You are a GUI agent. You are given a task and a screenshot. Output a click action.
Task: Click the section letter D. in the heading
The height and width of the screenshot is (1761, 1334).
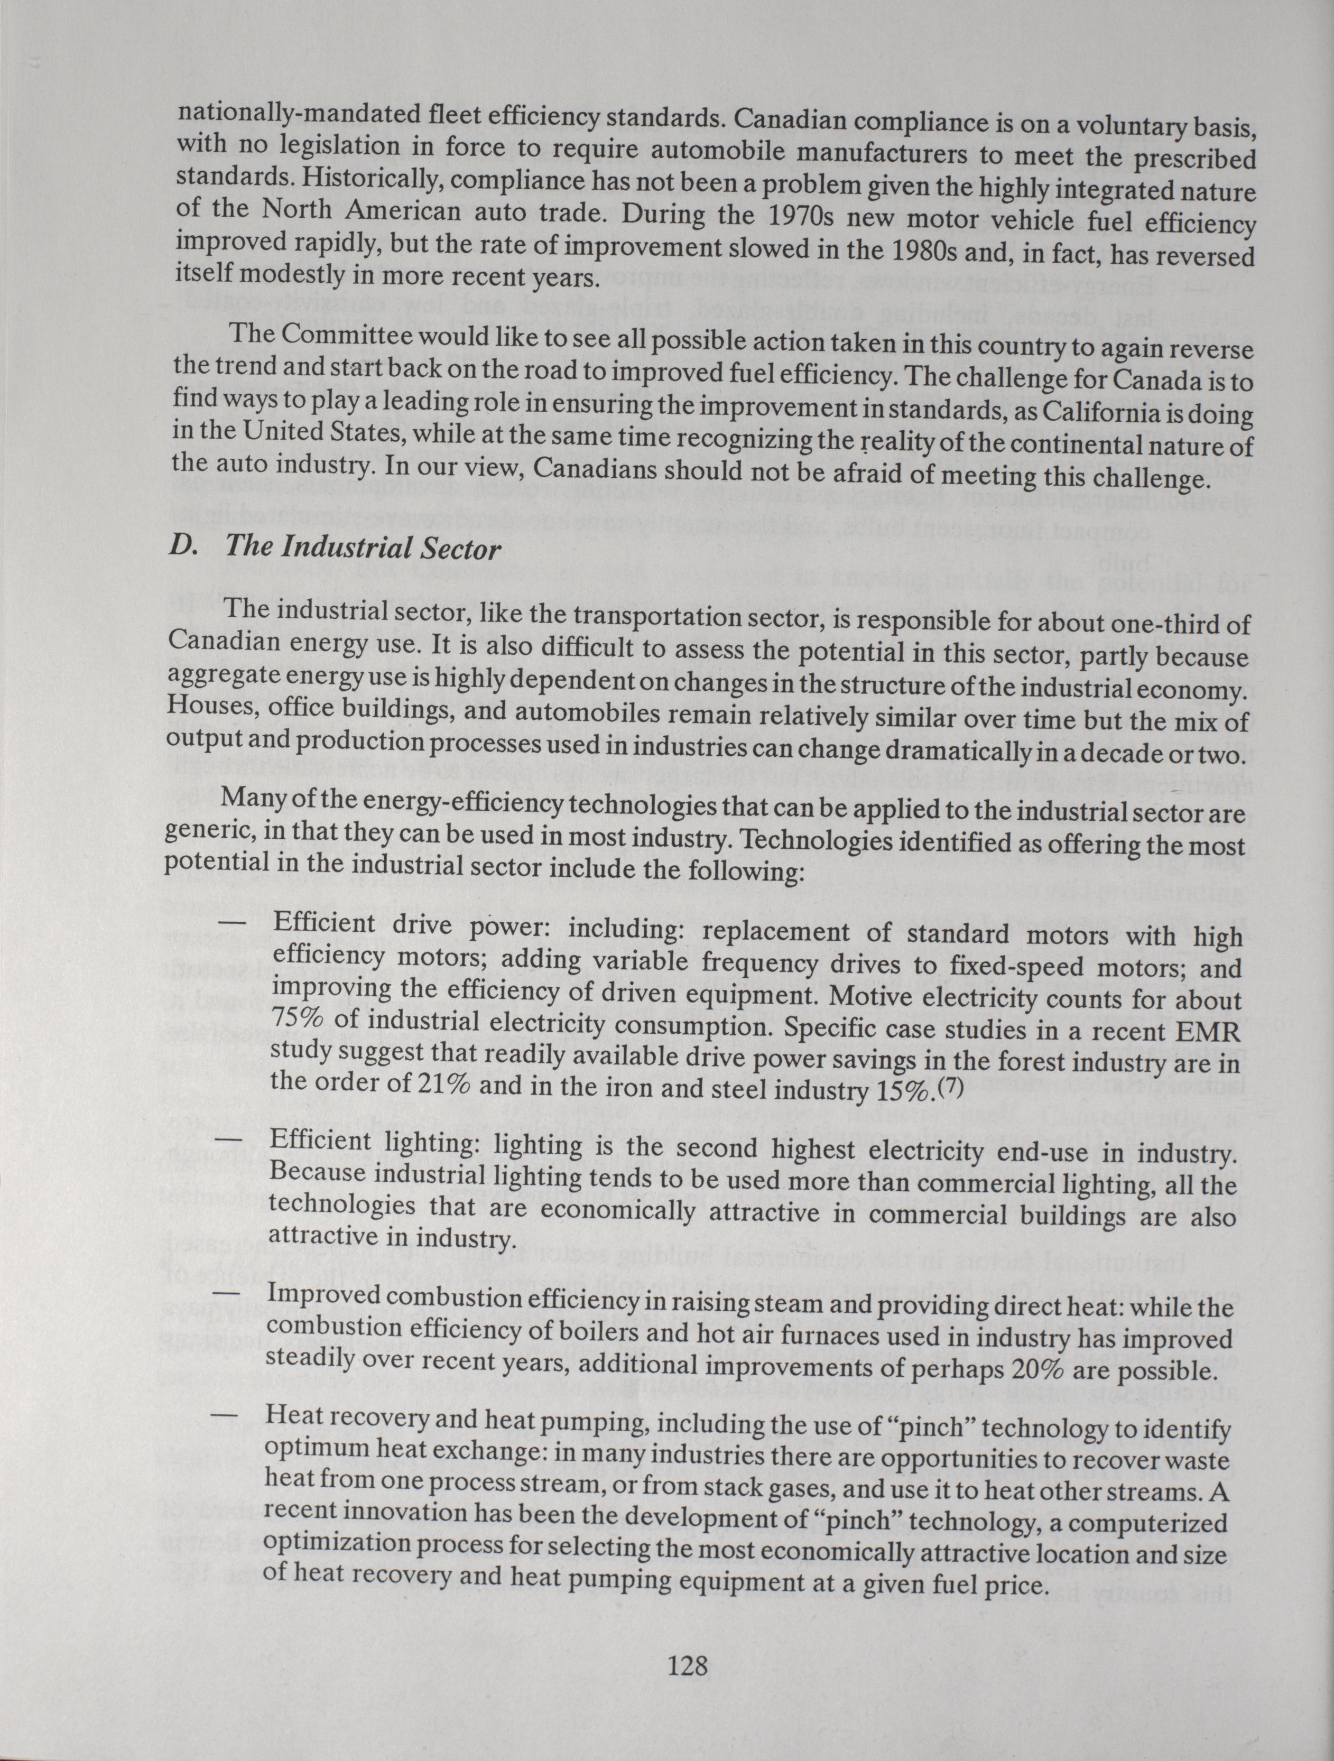point(187,546)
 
